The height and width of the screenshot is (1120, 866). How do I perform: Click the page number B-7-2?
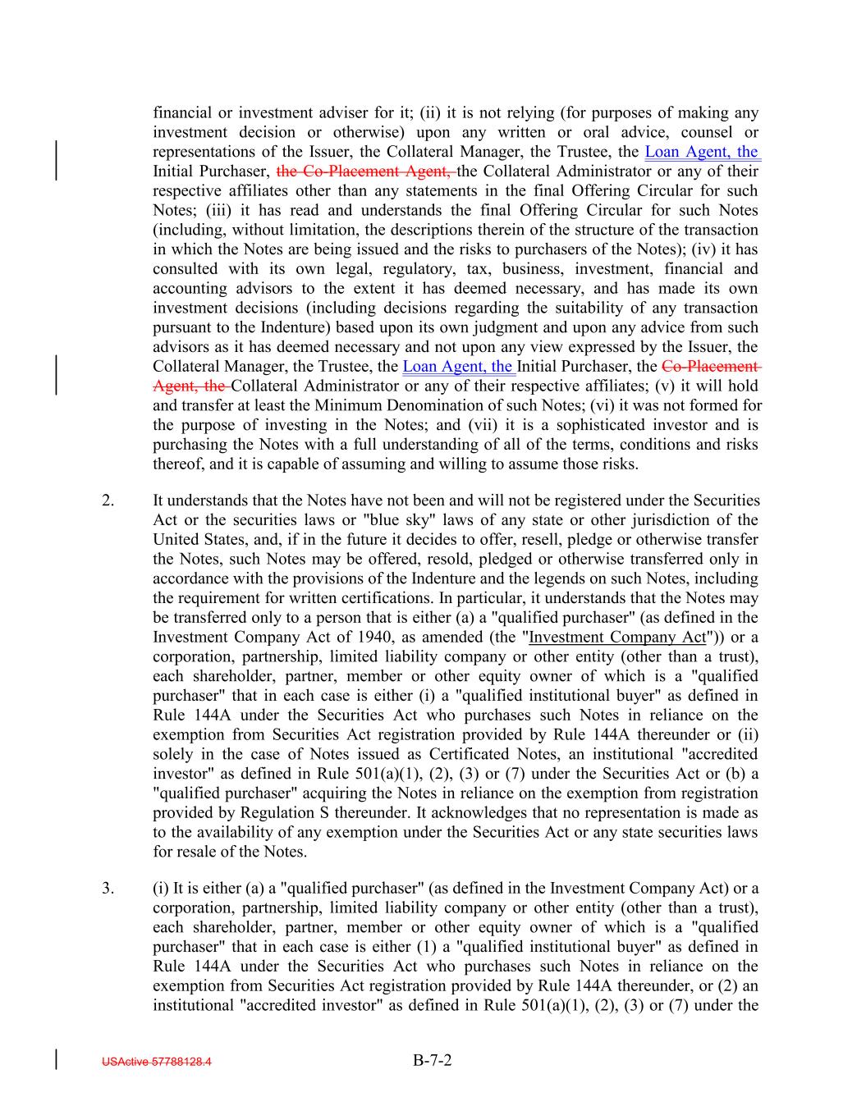(433, 1060)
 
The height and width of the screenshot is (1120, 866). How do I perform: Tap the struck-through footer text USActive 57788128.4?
(156, 1062)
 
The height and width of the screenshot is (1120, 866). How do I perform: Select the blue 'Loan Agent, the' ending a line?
(702, 152)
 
